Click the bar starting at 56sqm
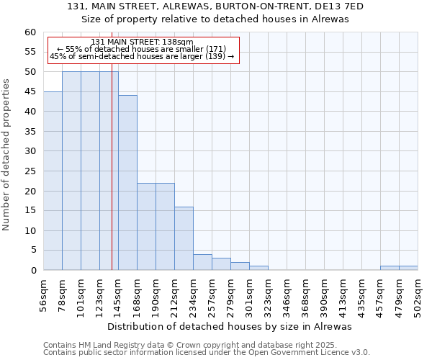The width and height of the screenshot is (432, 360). pos(53,181)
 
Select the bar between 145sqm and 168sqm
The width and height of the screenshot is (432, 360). pos(127,183)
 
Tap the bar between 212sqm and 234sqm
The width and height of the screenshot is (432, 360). pos(184,238)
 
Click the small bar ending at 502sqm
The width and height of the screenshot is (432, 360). pos(408,268)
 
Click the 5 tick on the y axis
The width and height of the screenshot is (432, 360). pos(32,251)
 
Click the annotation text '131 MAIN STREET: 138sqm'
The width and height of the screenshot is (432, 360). pos(143,42)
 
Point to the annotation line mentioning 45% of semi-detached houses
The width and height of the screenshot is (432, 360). pos(143,56)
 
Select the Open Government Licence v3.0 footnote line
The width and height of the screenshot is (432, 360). pos(206,353)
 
